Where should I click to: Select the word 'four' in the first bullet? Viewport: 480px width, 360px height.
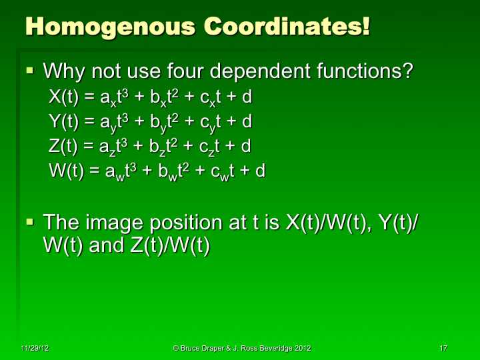pos(198,71)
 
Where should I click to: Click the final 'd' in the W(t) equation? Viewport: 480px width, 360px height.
pos(261,171)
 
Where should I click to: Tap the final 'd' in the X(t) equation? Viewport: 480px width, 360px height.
pos(247,97)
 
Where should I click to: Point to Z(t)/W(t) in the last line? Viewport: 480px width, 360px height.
pos(166,246)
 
